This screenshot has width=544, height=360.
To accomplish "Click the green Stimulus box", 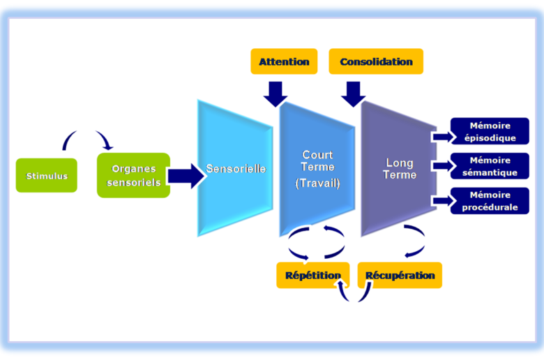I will point(47,176).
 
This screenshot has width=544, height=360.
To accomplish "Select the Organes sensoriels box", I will point(133,176).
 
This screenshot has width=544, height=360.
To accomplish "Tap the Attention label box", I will point(284,61).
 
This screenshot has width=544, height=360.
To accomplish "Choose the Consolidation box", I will point(376,61).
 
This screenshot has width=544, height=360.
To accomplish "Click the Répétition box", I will point(313,275).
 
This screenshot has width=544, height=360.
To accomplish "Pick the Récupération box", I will point(400,275).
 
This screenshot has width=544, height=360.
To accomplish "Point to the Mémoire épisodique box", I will point(490,131).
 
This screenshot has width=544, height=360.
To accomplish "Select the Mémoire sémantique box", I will point(490,166).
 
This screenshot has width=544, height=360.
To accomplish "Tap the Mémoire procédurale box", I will point(490,201).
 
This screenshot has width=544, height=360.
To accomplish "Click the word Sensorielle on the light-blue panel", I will point(236,169).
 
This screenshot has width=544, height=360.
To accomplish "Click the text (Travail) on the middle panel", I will point(317,183).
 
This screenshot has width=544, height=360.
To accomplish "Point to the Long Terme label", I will point(399,169).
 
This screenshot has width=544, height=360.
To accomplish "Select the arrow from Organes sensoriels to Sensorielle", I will point(185,177).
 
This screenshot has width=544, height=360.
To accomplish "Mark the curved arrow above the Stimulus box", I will point(88,138).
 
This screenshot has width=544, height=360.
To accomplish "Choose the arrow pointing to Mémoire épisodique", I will point(442,136).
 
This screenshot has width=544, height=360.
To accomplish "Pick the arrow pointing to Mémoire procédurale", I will point(442,201).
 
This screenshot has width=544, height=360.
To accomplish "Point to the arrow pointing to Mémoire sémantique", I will point(442,166).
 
